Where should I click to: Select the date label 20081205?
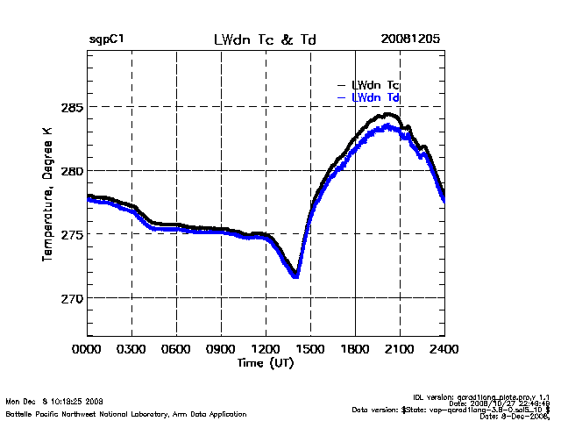click(410, 40)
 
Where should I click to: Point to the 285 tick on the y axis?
click(71, 107)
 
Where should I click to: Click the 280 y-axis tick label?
click(71, 170)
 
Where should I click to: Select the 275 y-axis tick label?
click(71, 234)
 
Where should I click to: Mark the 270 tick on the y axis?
click(71, 298)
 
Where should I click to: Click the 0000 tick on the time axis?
click(87, 349)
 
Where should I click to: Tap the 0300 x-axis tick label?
click(131, 349)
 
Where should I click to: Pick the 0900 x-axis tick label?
click(221, 349)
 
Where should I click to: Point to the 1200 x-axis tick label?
click(266, 349)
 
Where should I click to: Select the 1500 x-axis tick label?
click(310, 349)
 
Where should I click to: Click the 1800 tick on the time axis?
click(355, 349)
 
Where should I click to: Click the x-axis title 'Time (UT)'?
click(266, 362)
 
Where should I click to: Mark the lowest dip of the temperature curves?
click(296, 276)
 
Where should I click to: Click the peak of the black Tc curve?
click(389, 114)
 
